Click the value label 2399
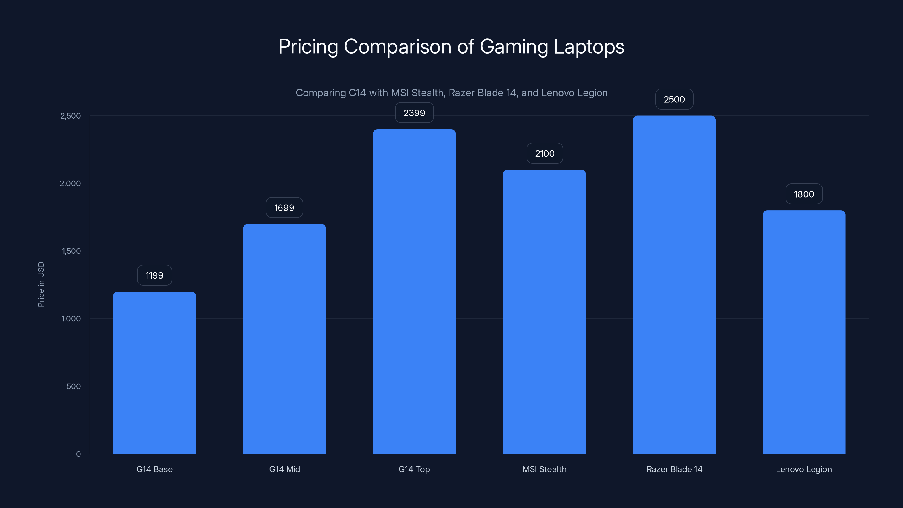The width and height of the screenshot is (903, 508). click(x=414, y=113)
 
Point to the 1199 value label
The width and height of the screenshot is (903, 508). click(x=154, y=275)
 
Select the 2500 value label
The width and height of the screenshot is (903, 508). click(x=674, y=99)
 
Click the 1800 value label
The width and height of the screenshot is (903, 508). click(x=804, y=194)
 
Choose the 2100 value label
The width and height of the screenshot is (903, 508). click(x=544, y=153)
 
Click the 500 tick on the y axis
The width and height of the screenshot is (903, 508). click(x=74, y=386)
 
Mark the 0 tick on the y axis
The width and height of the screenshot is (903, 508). click(x=78, y=454)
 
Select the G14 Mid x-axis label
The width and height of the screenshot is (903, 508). click(x=284, y=469)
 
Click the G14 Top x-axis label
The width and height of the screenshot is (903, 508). click(x=414, y=469)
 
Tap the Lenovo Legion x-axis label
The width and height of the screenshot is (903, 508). click(x=803, y=469)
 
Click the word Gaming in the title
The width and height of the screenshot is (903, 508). click(x=514, y=47)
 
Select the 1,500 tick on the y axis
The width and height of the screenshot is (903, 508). click(x=71, y=251)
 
